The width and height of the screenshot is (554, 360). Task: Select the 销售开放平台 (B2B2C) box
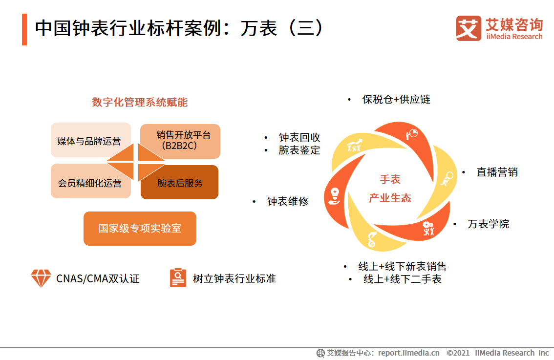[x=180, y=140]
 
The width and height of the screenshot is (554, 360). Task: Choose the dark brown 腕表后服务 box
[x=180, y=183]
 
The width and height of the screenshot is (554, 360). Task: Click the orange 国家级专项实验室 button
[x=140, y=228]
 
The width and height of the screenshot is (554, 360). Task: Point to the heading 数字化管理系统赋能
[x=140, y=102]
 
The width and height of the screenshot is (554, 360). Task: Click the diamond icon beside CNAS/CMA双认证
[x=41, y=278]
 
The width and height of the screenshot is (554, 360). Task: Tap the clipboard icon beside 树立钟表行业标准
[x=178, y=277]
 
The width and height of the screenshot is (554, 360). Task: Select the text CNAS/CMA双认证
[x=98, y=278]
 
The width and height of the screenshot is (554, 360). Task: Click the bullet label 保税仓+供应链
[x=396, y=99]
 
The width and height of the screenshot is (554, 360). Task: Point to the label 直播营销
[x=497, y=172]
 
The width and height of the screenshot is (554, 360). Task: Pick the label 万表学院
[x=488, y=224]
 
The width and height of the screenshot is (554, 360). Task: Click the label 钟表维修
[x=288, y=201]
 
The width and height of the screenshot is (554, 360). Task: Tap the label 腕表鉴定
[x=299, y=150]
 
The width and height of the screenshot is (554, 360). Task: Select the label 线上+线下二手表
[x=403, y=279]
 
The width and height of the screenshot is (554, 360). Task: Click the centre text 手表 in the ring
[x=390, y=179]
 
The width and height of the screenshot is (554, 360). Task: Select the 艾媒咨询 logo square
[x=468, y=28]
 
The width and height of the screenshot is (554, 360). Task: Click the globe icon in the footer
[x=320, y=353]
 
